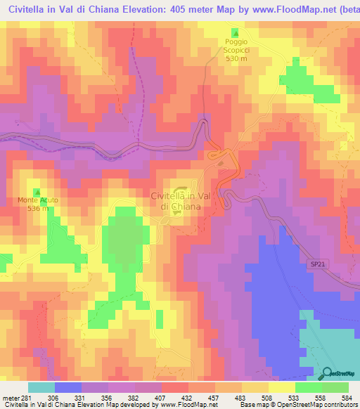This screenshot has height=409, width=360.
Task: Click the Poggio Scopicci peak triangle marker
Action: click(236, 33)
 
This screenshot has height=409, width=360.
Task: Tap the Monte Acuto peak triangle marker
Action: click(37, 192)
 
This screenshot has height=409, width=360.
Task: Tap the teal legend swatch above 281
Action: click(41, 387)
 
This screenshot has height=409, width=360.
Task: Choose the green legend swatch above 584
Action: click(335, 387)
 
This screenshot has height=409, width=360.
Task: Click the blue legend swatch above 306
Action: click(67, 387)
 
